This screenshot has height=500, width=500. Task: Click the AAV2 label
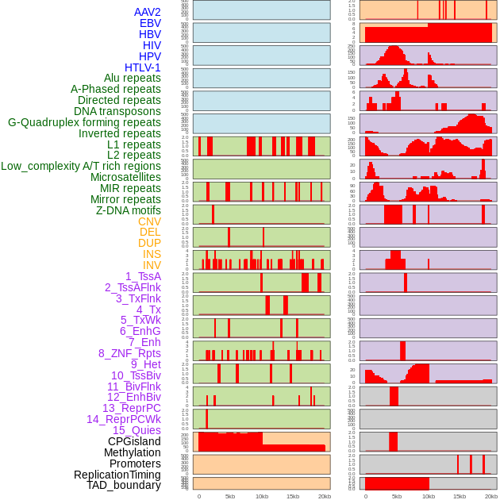click(x=147, y=12)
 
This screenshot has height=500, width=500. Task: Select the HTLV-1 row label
click(x=142, y=67)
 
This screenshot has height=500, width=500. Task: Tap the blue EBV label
click(x=149, y=23)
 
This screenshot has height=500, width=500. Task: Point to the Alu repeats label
click(x=132, y=78)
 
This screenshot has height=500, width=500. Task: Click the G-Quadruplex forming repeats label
click(x=84, y=122)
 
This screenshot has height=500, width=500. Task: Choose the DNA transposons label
click(x=117, y=111)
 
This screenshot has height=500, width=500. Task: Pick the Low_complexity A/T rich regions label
click(x=80, y=166)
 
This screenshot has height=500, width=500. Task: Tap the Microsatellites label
click(x=125, y=177)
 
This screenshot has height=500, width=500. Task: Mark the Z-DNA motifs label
click(x=128, y=210)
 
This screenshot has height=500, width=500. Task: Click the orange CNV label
click(x=149, y=221)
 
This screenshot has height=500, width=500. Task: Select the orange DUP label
click(x=149, y=243)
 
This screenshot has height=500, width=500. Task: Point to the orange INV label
click(x=152, y=265)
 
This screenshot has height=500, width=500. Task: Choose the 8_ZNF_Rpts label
click(x=129, y=353)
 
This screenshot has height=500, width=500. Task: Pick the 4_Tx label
click(x=148, y=310)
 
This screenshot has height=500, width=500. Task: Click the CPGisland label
click(x=134, y=441)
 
